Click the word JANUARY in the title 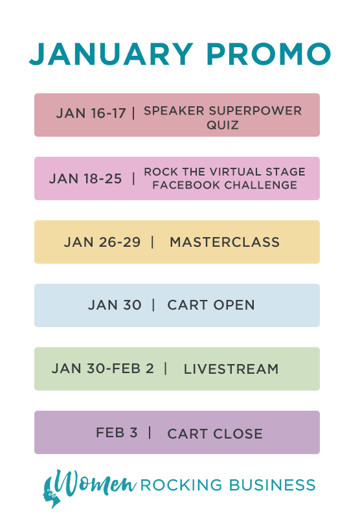point(111,54)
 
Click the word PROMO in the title point(269,54)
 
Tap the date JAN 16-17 point(91,113)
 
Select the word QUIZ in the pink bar point(223,125)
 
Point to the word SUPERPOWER point(254,111)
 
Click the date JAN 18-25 point(85,179)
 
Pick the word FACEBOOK point(186,185)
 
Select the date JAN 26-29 point(102,242)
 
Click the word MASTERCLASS point(225,242)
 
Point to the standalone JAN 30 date point(115,305)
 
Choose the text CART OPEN point(211,305)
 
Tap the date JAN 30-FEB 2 point(102,369)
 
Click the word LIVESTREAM point(231,369)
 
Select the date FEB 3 point(117,433)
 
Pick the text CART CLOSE point(215,434)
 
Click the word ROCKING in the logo point(181,485)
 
